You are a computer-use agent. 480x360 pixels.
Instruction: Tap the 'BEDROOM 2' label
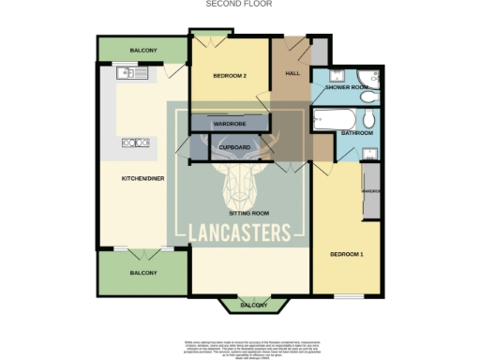(x=229, y=76)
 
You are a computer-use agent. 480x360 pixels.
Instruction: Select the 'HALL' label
(x=291, y=76)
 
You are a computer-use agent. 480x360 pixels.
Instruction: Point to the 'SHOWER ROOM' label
(x=343, y=87)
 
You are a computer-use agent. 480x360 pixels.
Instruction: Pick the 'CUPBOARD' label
(x=234, y=147)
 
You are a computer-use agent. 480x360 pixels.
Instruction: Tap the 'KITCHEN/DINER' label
(x=142, y=177)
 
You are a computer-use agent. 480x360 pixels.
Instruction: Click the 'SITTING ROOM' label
(x=248, y=214)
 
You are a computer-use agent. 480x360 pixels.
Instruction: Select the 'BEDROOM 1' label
(x=347, y=254)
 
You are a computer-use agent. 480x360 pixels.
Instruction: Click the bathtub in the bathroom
(x=336, y=119)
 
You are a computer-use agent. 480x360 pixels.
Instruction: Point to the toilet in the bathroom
(x=370, y=118)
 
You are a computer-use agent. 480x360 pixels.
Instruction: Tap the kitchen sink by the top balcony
(x=127, y=72)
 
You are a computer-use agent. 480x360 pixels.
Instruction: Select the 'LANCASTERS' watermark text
(x=238, y=232)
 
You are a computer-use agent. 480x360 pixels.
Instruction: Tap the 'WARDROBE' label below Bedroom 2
(x=229, y=123)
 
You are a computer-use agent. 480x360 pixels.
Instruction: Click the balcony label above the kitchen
(x=142, y=50)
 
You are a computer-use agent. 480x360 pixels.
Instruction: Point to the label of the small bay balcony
(x=252, y=305)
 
